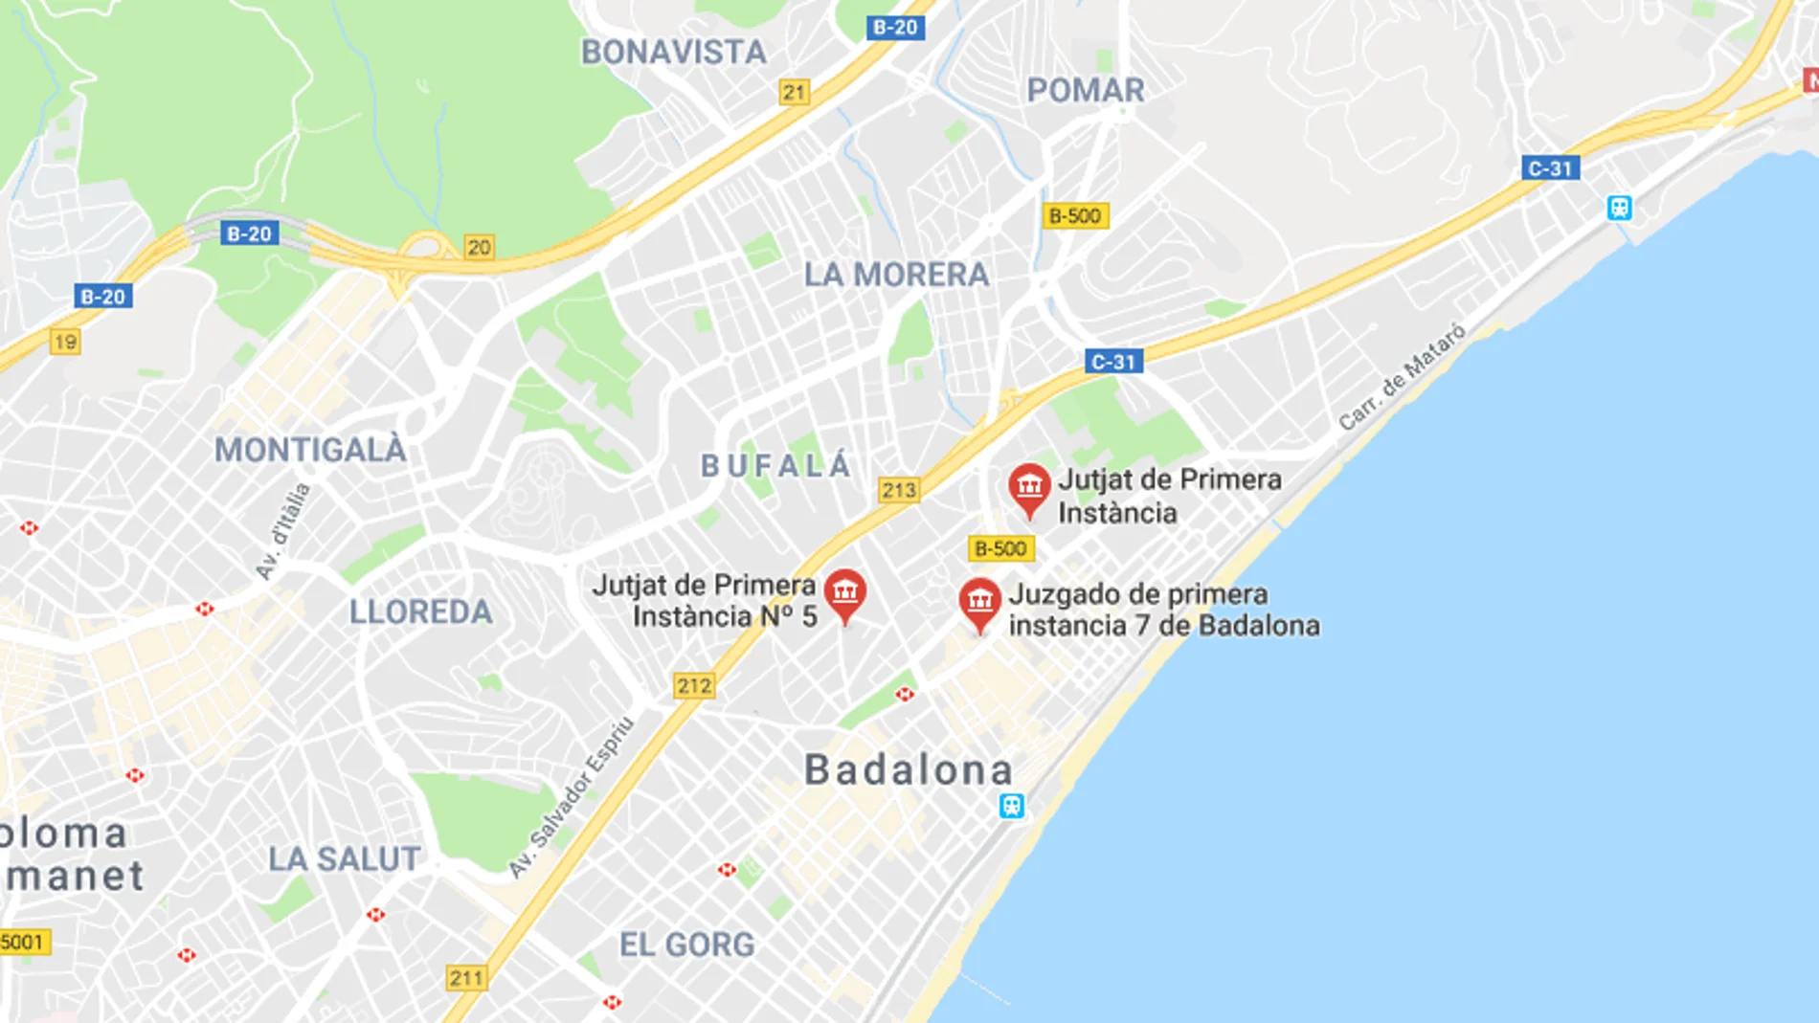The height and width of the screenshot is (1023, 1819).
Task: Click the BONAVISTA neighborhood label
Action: [674, 53]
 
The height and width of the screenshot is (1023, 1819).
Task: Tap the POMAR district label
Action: [1086, 91]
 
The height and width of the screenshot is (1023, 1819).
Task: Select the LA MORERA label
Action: [896, 276]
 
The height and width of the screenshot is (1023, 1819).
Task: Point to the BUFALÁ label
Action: [776, 466]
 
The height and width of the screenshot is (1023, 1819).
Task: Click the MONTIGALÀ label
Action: [310, 450]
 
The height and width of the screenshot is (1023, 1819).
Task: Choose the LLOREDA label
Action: [420, 612]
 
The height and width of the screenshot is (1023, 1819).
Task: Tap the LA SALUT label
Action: [344, 859]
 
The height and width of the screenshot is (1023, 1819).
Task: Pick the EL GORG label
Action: [686, 945]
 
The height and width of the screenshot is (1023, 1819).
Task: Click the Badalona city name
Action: [909, 770]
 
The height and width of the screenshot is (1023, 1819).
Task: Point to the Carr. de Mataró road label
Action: [1402, 377]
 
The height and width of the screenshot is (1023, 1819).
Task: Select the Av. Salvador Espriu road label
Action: [572, 796]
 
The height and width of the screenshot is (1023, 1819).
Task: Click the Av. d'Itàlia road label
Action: [283, 531]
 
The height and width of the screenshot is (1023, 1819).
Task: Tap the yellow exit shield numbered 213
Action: [899, 491]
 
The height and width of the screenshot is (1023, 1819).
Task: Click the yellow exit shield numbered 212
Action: [694, 686]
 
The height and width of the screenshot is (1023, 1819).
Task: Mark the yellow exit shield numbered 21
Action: [794, 92]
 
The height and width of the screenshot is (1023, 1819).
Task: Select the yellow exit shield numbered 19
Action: [65, 342]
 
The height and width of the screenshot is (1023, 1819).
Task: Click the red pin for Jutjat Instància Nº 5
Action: [845, 594]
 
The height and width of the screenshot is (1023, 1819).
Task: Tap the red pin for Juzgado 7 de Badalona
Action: [979, 603]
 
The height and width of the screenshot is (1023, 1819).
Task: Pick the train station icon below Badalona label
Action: [1012, 806]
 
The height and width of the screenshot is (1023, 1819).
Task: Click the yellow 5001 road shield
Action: [23, 943]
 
